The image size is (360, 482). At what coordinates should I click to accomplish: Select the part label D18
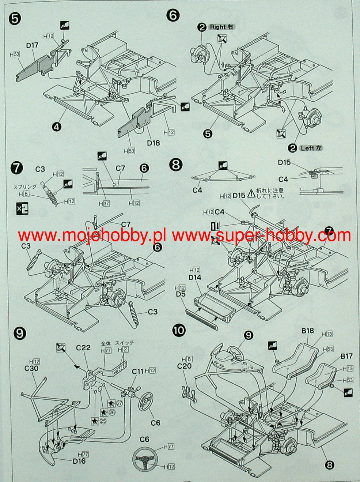(x=154, y=142)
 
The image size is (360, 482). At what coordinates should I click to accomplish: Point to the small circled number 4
(x=56, y=127)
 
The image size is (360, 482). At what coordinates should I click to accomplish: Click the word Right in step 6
(x=218, y=27)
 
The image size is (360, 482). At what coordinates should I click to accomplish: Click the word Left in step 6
(x=308, y=148)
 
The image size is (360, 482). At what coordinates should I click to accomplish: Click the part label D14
(x=195, y=278)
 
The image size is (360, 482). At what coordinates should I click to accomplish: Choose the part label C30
(x=32, y=368)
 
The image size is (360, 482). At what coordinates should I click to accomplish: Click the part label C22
(x=83, y=348)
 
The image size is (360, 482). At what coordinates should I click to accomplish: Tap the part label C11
(x=138, y=371)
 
